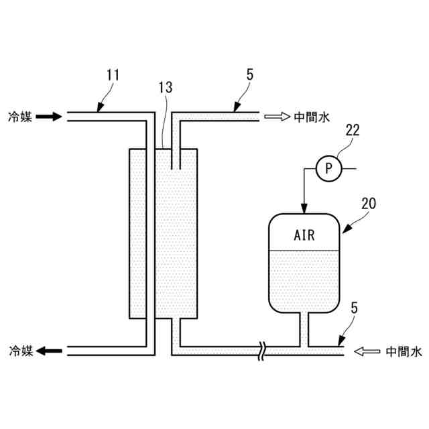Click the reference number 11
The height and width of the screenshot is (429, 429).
(113, 74)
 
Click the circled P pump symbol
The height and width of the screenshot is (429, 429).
(328, 168)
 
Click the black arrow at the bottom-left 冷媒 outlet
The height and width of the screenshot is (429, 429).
(48, 350)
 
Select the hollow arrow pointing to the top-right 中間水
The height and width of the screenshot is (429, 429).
(275, 117)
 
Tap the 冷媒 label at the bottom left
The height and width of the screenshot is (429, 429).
(19, 350)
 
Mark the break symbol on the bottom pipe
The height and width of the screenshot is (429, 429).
(264, 350)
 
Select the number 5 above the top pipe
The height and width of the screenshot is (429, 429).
(249, 74)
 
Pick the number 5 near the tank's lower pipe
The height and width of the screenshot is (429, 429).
(354, 308)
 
